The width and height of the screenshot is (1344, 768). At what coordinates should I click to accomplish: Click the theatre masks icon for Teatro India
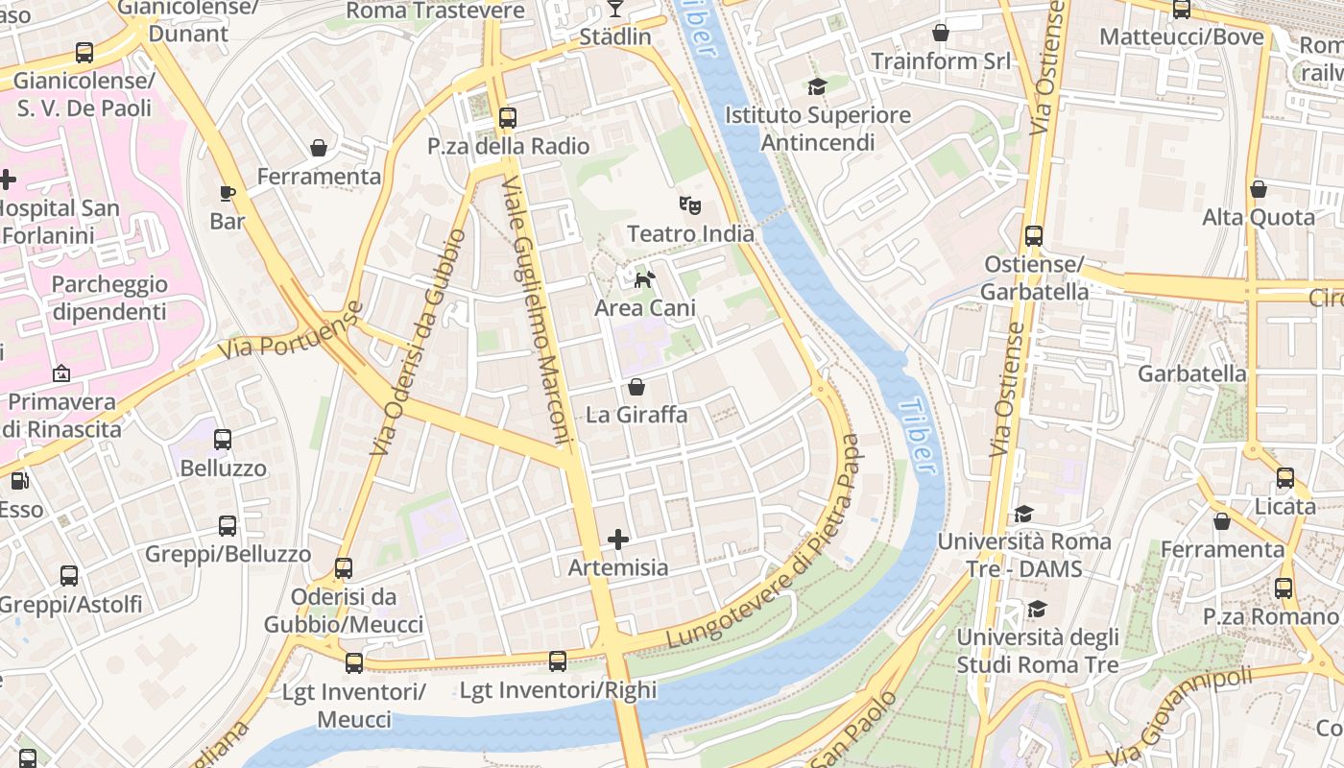pos(688,204)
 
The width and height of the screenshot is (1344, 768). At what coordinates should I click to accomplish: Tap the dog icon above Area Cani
pos(644,279)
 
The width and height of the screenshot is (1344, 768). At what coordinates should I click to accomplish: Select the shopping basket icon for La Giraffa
pos(636,387)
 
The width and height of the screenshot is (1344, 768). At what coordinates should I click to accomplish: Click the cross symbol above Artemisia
pos(618,540)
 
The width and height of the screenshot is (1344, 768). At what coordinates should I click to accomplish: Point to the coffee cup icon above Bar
pos(228,193)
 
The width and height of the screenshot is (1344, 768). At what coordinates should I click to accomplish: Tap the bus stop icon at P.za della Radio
pos(508,118)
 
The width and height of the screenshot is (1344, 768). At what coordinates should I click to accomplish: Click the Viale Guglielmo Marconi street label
pos(538,312)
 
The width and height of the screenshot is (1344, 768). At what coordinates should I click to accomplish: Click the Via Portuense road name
pos(291,331)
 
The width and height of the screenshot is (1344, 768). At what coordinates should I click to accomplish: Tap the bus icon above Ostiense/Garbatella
pos(1034,235)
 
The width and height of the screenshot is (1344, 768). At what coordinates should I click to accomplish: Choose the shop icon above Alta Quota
pos(1258,189)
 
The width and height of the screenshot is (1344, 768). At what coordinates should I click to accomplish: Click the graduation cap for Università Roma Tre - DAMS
pos(1023,514)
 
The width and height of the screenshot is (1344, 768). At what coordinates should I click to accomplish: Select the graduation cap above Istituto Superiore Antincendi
pos(817,87)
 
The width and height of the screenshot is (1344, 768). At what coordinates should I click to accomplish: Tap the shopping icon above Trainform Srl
pos(941,33)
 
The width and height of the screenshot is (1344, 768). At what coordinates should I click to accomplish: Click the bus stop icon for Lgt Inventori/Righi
pos(558,660)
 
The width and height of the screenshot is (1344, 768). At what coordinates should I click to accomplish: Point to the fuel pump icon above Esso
pos(18,481)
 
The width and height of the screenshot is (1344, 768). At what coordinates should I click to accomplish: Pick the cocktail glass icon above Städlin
pos(615,9)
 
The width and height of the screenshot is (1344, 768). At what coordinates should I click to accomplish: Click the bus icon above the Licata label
pos(1285,477)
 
